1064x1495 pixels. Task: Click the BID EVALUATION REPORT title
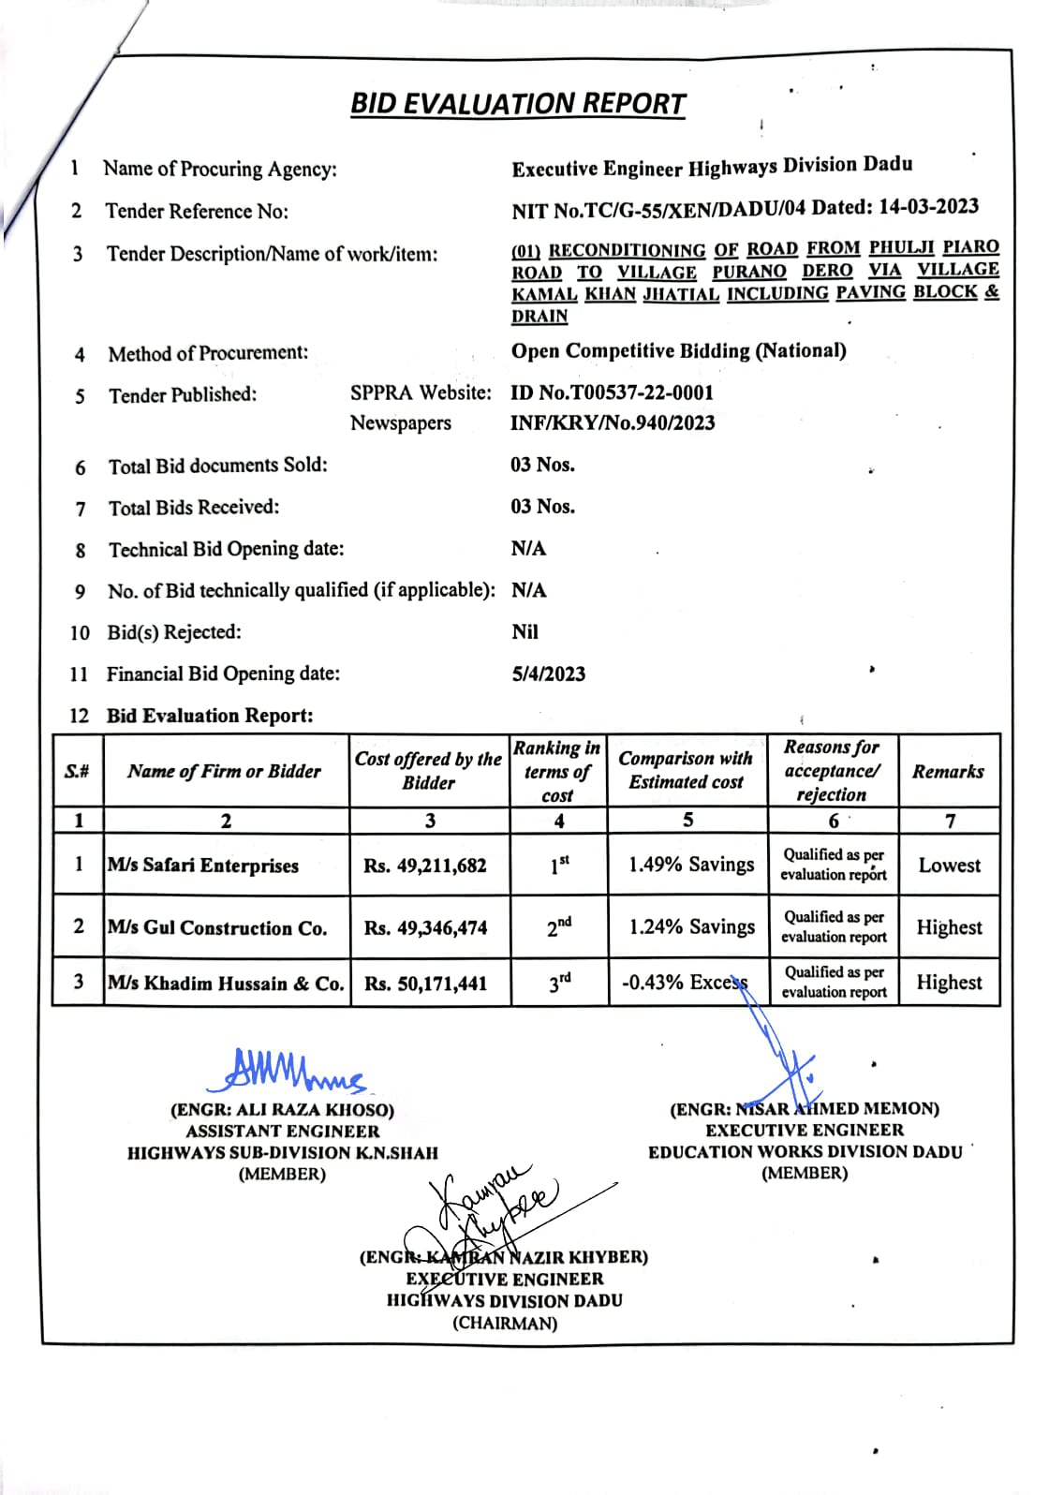(x=518, y=103)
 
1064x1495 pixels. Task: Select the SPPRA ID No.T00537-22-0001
(x=612, y=392)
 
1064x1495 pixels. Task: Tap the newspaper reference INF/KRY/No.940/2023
(x=613, y=423)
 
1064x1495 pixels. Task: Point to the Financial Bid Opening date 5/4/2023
(x=548, y=674)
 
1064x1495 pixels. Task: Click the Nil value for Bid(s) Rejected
(x=525, y=632)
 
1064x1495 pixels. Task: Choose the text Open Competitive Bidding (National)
(x=678, y=351)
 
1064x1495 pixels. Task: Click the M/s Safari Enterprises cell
(x=203, y=866)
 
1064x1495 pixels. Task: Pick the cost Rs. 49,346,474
(x=426, y=928)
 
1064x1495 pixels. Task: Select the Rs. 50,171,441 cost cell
(x=426, y=984)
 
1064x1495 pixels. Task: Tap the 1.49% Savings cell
(x=691, y=865)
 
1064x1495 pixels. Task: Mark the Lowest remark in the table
(x=949, y=866)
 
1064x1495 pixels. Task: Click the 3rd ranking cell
(x=559, y=983)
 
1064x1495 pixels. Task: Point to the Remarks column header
(x=948, y=772)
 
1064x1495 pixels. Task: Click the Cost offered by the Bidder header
(x=428, y=771)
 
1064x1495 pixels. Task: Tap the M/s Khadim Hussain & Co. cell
(x=226, y=984)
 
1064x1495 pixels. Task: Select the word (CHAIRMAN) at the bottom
(x=505, y=1324)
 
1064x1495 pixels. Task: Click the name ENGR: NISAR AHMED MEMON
(x=805, y=1109)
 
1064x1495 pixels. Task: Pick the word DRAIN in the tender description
(x=539, y=317)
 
